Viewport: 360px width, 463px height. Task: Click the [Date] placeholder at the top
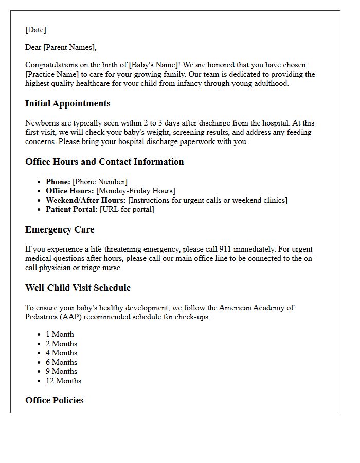(x=35, y=30)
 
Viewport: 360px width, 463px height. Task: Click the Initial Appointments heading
(x=67, y=103)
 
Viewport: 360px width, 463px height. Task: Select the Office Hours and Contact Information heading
(x=104, y=162)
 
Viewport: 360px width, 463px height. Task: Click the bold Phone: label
(x=58, y=182)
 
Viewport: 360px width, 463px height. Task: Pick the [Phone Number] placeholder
(x=100, y=182)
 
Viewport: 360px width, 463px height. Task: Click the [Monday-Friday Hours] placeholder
(x=136, y=191)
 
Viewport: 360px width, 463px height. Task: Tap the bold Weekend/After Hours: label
(x=85, y=200)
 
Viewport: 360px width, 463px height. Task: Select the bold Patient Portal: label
(x=71, y=209)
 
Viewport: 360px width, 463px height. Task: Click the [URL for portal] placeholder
(x=127, y=209)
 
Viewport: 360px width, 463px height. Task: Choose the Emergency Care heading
(x=60, y=229)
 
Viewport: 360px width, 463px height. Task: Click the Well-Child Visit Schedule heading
(x=78, y=288)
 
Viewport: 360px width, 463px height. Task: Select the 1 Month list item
(x=60, y=334)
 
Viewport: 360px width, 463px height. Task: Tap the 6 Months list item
(x=61, y=362)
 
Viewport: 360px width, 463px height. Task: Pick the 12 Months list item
(x=63, y=381)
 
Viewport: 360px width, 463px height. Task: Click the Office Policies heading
(x=54, y=400)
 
